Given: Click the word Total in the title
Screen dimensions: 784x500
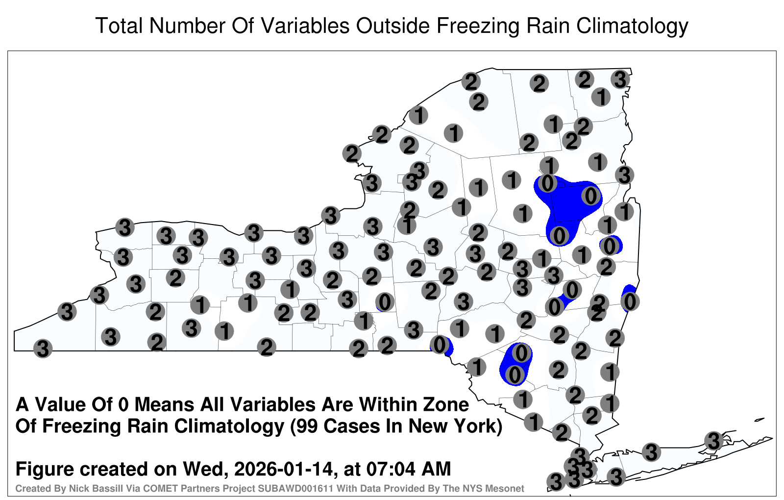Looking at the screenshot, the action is (x=120, y=25).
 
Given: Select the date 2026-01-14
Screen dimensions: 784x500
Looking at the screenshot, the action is (x=283, y=469).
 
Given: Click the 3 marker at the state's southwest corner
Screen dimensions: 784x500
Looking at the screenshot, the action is (x=43, y=349).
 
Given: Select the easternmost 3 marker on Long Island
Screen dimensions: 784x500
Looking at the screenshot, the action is (x=713, y=441).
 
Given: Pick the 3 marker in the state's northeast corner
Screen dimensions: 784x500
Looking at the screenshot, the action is (x=620, y=79).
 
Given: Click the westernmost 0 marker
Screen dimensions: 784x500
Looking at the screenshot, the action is (x=385, y=302).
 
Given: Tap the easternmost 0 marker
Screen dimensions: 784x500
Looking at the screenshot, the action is (x=630, y=301).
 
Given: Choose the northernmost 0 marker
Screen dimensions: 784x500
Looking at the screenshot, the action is (x=547, y=183).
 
